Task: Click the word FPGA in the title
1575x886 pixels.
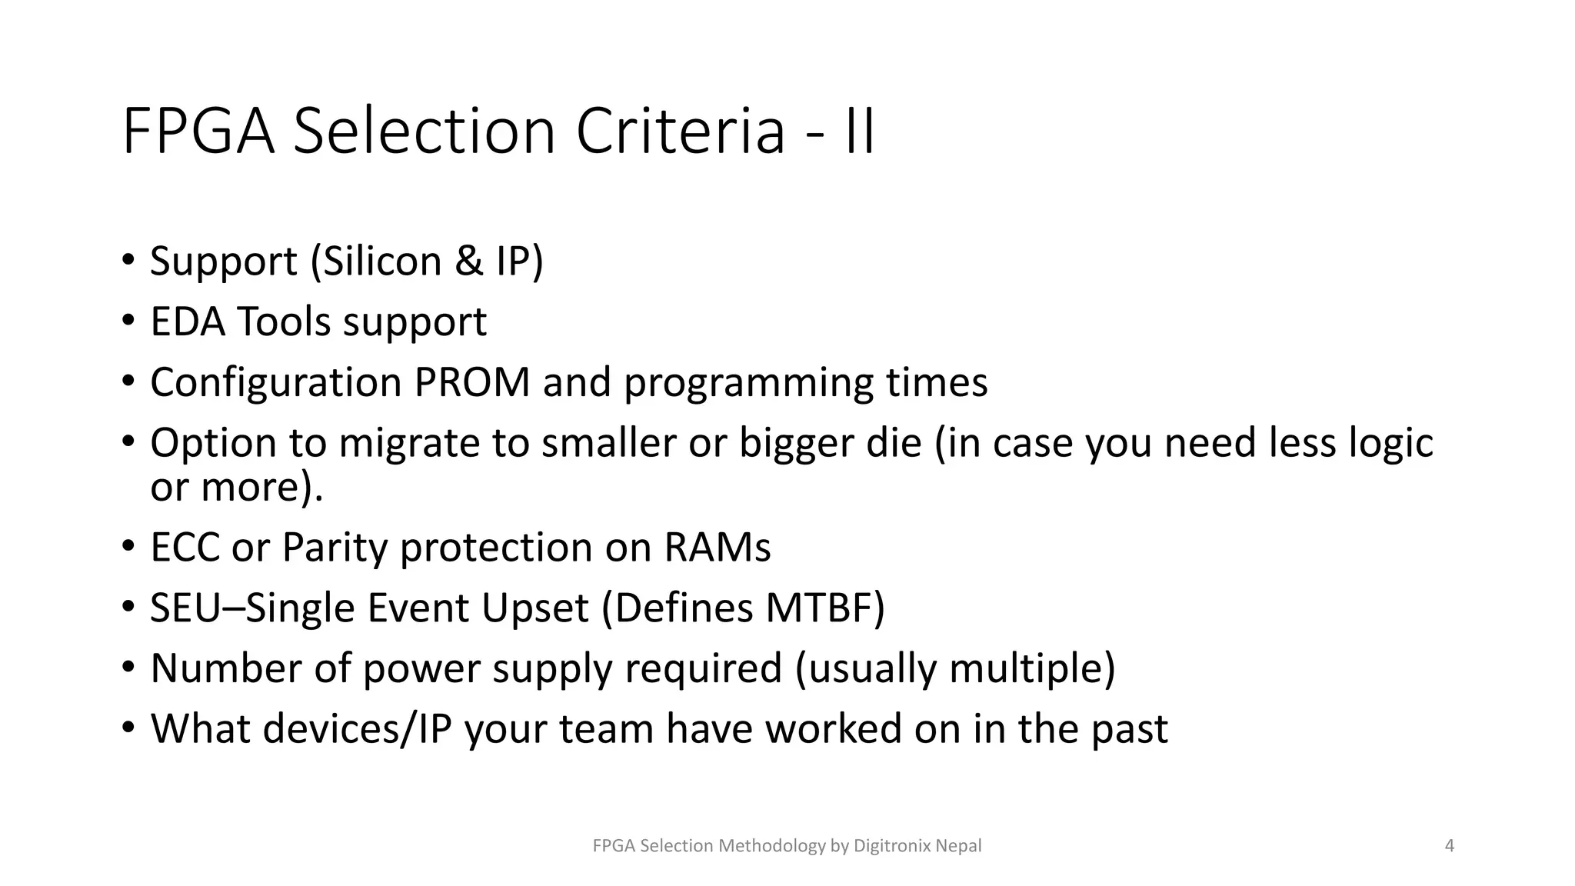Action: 198,132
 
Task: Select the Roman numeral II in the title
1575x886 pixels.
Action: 859,132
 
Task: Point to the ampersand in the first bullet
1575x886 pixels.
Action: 468,261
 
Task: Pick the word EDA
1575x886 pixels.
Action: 188,321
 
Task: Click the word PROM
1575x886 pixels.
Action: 471,382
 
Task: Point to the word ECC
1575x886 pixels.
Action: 184,548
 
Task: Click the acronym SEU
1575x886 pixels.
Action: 184,608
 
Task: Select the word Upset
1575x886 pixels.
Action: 534,609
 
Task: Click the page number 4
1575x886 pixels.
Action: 1450,846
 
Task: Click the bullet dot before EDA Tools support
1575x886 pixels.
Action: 128,321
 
